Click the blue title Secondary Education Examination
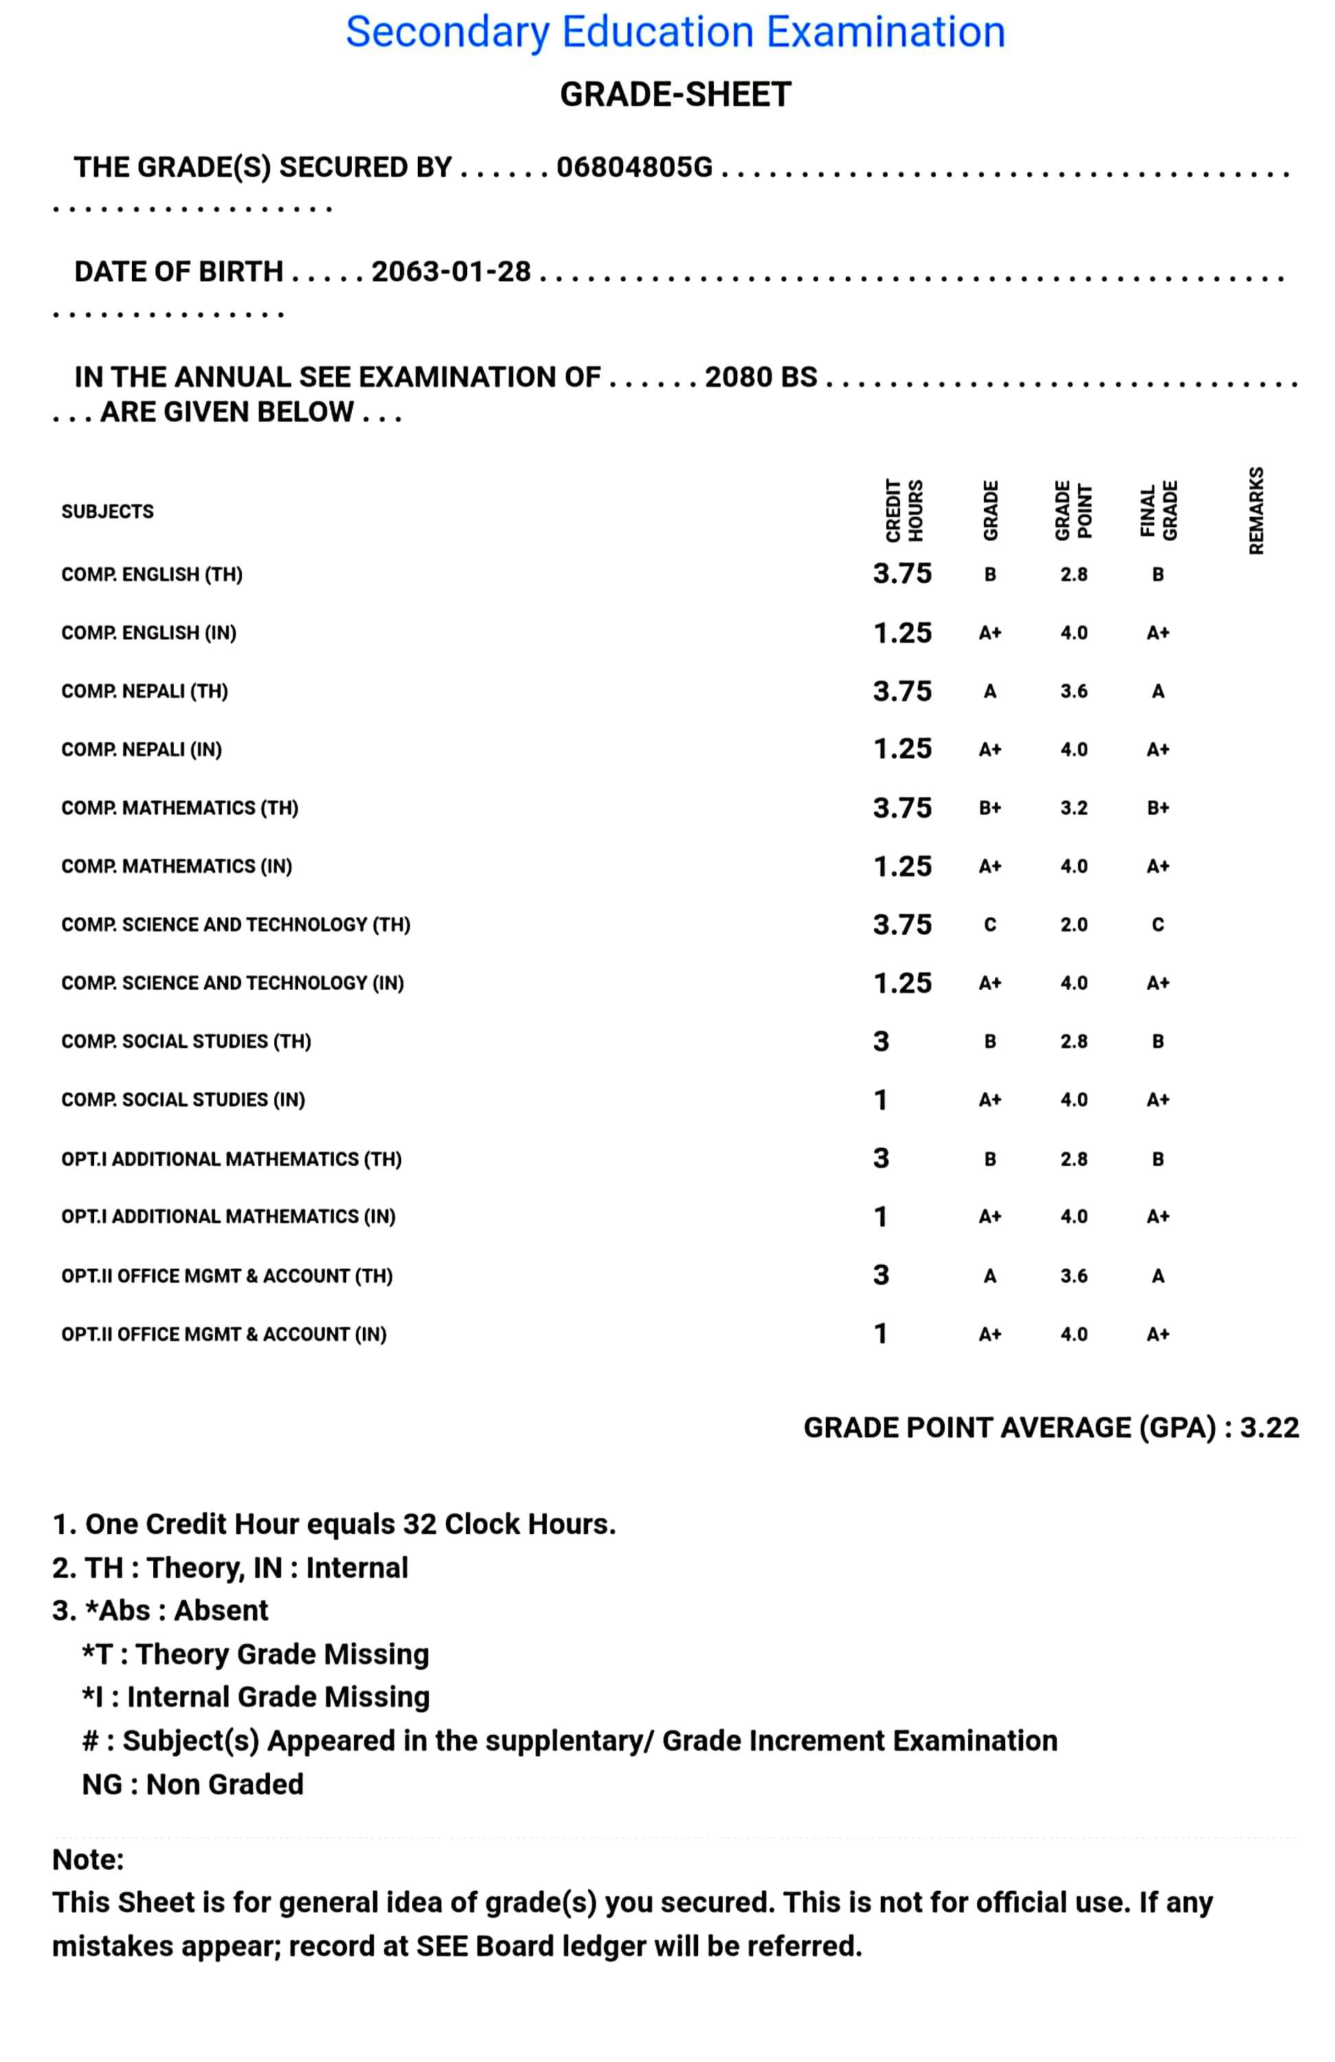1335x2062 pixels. tap(675, 33)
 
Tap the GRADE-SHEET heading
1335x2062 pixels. tap(675, 94)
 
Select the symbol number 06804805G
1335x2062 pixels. tap(634, 167)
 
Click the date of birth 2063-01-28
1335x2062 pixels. tap(451, 272)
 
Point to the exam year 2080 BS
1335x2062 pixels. tap(761, 377)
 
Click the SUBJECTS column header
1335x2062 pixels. tap(107, 512)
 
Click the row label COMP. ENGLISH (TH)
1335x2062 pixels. tap(152, 575)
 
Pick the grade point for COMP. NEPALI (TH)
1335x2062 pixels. tap(1073, 691)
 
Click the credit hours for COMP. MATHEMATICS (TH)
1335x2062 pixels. tap(902, 808)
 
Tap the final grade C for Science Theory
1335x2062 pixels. tap(1158, 925)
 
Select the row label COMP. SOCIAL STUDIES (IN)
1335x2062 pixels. tap(183, 1100)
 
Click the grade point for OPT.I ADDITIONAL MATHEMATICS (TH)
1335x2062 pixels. tap(1073, 1160)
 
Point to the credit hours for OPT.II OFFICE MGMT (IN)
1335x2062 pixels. tap(880, 1334)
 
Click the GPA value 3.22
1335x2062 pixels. tap(1269, 1428)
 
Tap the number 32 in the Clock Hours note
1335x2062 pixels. tap(419, 1524)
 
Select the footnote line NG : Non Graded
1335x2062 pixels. tap(192, 1785)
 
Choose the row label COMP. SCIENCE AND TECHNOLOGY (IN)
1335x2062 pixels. tap(232, 984)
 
